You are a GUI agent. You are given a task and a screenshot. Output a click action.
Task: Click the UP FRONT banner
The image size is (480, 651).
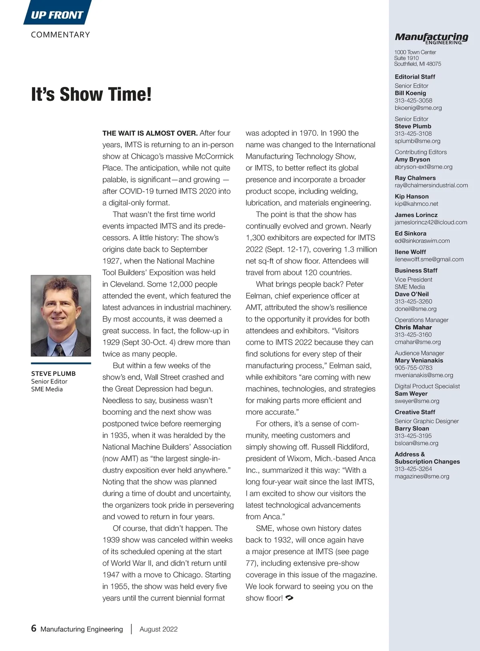(x=57, y=15)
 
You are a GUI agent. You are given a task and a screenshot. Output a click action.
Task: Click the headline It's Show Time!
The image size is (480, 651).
(x=91, y=94)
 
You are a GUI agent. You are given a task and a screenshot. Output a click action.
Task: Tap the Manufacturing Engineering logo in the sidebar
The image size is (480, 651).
(x=431, y=38)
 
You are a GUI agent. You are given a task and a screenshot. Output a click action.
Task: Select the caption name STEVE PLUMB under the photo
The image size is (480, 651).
(x=53, y=374)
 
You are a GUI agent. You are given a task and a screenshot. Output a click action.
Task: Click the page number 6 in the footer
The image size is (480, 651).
(x=34, y=628)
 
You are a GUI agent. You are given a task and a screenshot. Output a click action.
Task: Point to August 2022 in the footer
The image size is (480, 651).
(x=158, y=629)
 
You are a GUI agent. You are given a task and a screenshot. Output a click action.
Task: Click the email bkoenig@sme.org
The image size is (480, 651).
(x=418, y=108)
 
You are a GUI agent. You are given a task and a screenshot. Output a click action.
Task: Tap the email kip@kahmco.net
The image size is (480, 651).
(x=416, y=204)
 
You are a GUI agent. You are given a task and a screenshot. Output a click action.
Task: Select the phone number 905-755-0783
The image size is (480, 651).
(x=413, y=368)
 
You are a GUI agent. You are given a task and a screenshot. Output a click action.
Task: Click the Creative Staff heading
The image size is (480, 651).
(x=415, y=412)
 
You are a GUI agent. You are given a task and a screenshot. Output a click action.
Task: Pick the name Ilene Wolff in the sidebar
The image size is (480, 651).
(x=410, y=252)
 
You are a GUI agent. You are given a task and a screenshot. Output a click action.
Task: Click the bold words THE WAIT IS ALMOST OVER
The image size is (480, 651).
(x=150, y=133)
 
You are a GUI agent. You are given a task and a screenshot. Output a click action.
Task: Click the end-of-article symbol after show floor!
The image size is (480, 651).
(x=290, y=598)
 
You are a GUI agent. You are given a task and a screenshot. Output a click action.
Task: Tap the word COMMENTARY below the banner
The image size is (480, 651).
(x=60, y=35)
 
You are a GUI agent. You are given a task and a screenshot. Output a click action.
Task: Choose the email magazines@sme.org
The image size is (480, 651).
(x=422, y=476)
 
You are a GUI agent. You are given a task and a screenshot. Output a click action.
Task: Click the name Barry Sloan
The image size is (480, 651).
(x=412, y=428)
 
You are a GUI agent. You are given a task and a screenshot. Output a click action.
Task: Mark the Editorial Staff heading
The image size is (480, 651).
(x=415, y=76)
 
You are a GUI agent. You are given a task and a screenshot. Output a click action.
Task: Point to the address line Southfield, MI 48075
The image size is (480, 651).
(x=417, y=64)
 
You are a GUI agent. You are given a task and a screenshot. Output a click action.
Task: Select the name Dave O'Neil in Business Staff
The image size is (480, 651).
(x=412, y=294)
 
